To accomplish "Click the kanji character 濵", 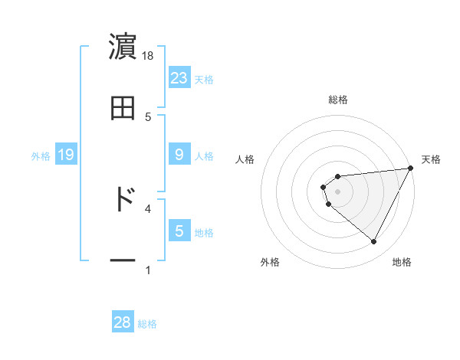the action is tap(123, 45).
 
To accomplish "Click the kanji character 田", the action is tap(123, 108).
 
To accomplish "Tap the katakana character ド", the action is tap(123, 198).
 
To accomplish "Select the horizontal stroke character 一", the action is tap(123, 261).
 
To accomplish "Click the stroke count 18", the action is tap(149, 56).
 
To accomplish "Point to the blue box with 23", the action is tap(179, 77).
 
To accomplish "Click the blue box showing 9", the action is tap(179, 155).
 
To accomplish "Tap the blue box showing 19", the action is tap(65, 155).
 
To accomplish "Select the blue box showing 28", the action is tap(123, 322).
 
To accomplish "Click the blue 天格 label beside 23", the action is tap(204, 79).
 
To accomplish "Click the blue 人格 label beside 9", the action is tap(204, 156).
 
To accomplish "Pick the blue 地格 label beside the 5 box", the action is tap(204, 233).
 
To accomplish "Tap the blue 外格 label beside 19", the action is tap(41, 156).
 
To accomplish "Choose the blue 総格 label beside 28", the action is tap(147, 324).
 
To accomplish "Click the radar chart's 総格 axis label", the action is tap(338, 100).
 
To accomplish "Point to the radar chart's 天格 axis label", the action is tap(432, 159).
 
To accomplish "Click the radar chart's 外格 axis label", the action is tap(270, 262).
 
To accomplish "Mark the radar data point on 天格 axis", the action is tap(411, 169).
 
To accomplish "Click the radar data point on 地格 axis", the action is tap(374, 242).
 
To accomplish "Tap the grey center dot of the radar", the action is tap(338, 191).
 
